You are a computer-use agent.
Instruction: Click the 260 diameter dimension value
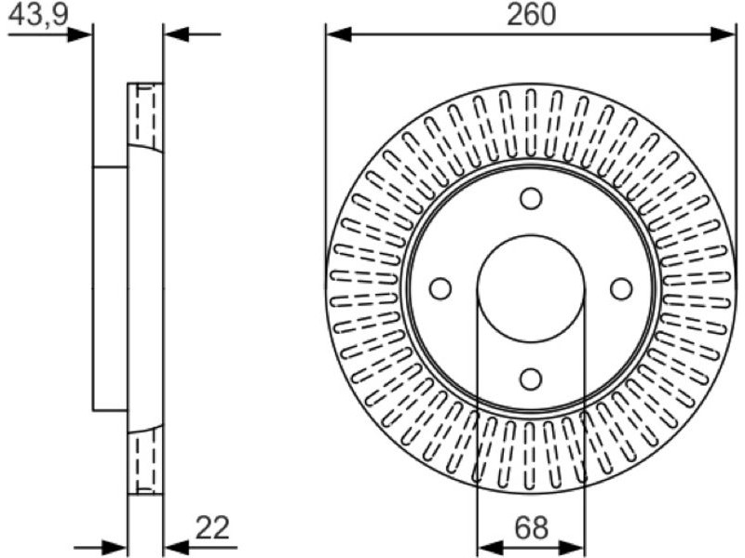(x=531, y=14)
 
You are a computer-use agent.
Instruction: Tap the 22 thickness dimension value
(x=212, y=527)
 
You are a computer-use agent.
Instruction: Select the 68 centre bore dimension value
(x=531, y=527)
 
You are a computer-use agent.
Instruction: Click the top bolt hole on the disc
(x=531, y=198)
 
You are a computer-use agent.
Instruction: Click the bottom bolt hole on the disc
(x=531, y=379)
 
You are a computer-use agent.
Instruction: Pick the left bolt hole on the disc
(x=440, y=288)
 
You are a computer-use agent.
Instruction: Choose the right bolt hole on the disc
(x=621, y=288)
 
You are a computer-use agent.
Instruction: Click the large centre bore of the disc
(x=531, y=288)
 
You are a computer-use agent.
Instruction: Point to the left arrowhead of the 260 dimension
(x=338, y=34)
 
